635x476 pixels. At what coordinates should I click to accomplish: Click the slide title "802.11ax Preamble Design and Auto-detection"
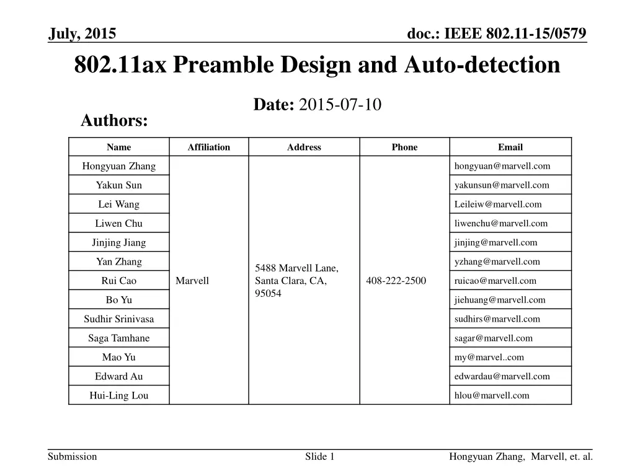coord(317,64)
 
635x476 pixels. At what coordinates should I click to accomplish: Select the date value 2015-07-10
coord(340,105)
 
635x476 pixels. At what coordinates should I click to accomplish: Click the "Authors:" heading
coord(114,121)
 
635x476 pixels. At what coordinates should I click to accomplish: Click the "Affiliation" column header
coord(208,147)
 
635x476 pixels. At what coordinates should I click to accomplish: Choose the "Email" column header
coord(510,147)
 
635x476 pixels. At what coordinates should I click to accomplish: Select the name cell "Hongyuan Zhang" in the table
coord(119,166)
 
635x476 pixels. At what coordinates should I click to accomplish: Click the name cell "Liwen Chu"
coord(119,223)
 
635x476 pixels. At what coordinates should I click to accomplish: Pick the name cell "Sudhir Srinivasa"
coord(119,319)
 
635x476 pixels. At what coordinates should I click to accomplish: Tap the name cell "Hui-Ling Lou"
coord(119,395)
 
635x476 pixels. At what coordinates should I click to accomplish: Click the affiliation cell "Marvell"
coord(192,281)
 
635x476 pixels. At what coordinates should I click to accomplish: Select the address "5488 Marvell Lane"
coord(296,268)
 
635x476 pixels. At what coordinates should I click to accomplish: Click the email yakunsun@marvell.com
coord(502,185)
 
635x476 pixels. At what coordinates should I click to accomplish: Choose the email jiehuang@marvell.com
coord(500,300)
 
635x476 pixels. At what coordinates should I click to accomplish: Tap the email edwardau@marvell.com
coord(502,376)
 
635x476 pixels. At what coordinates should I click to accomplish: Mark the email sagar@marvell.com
coord(493,338)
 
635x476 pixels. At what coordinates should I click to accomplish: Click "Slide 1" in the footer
coord(320,457)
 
